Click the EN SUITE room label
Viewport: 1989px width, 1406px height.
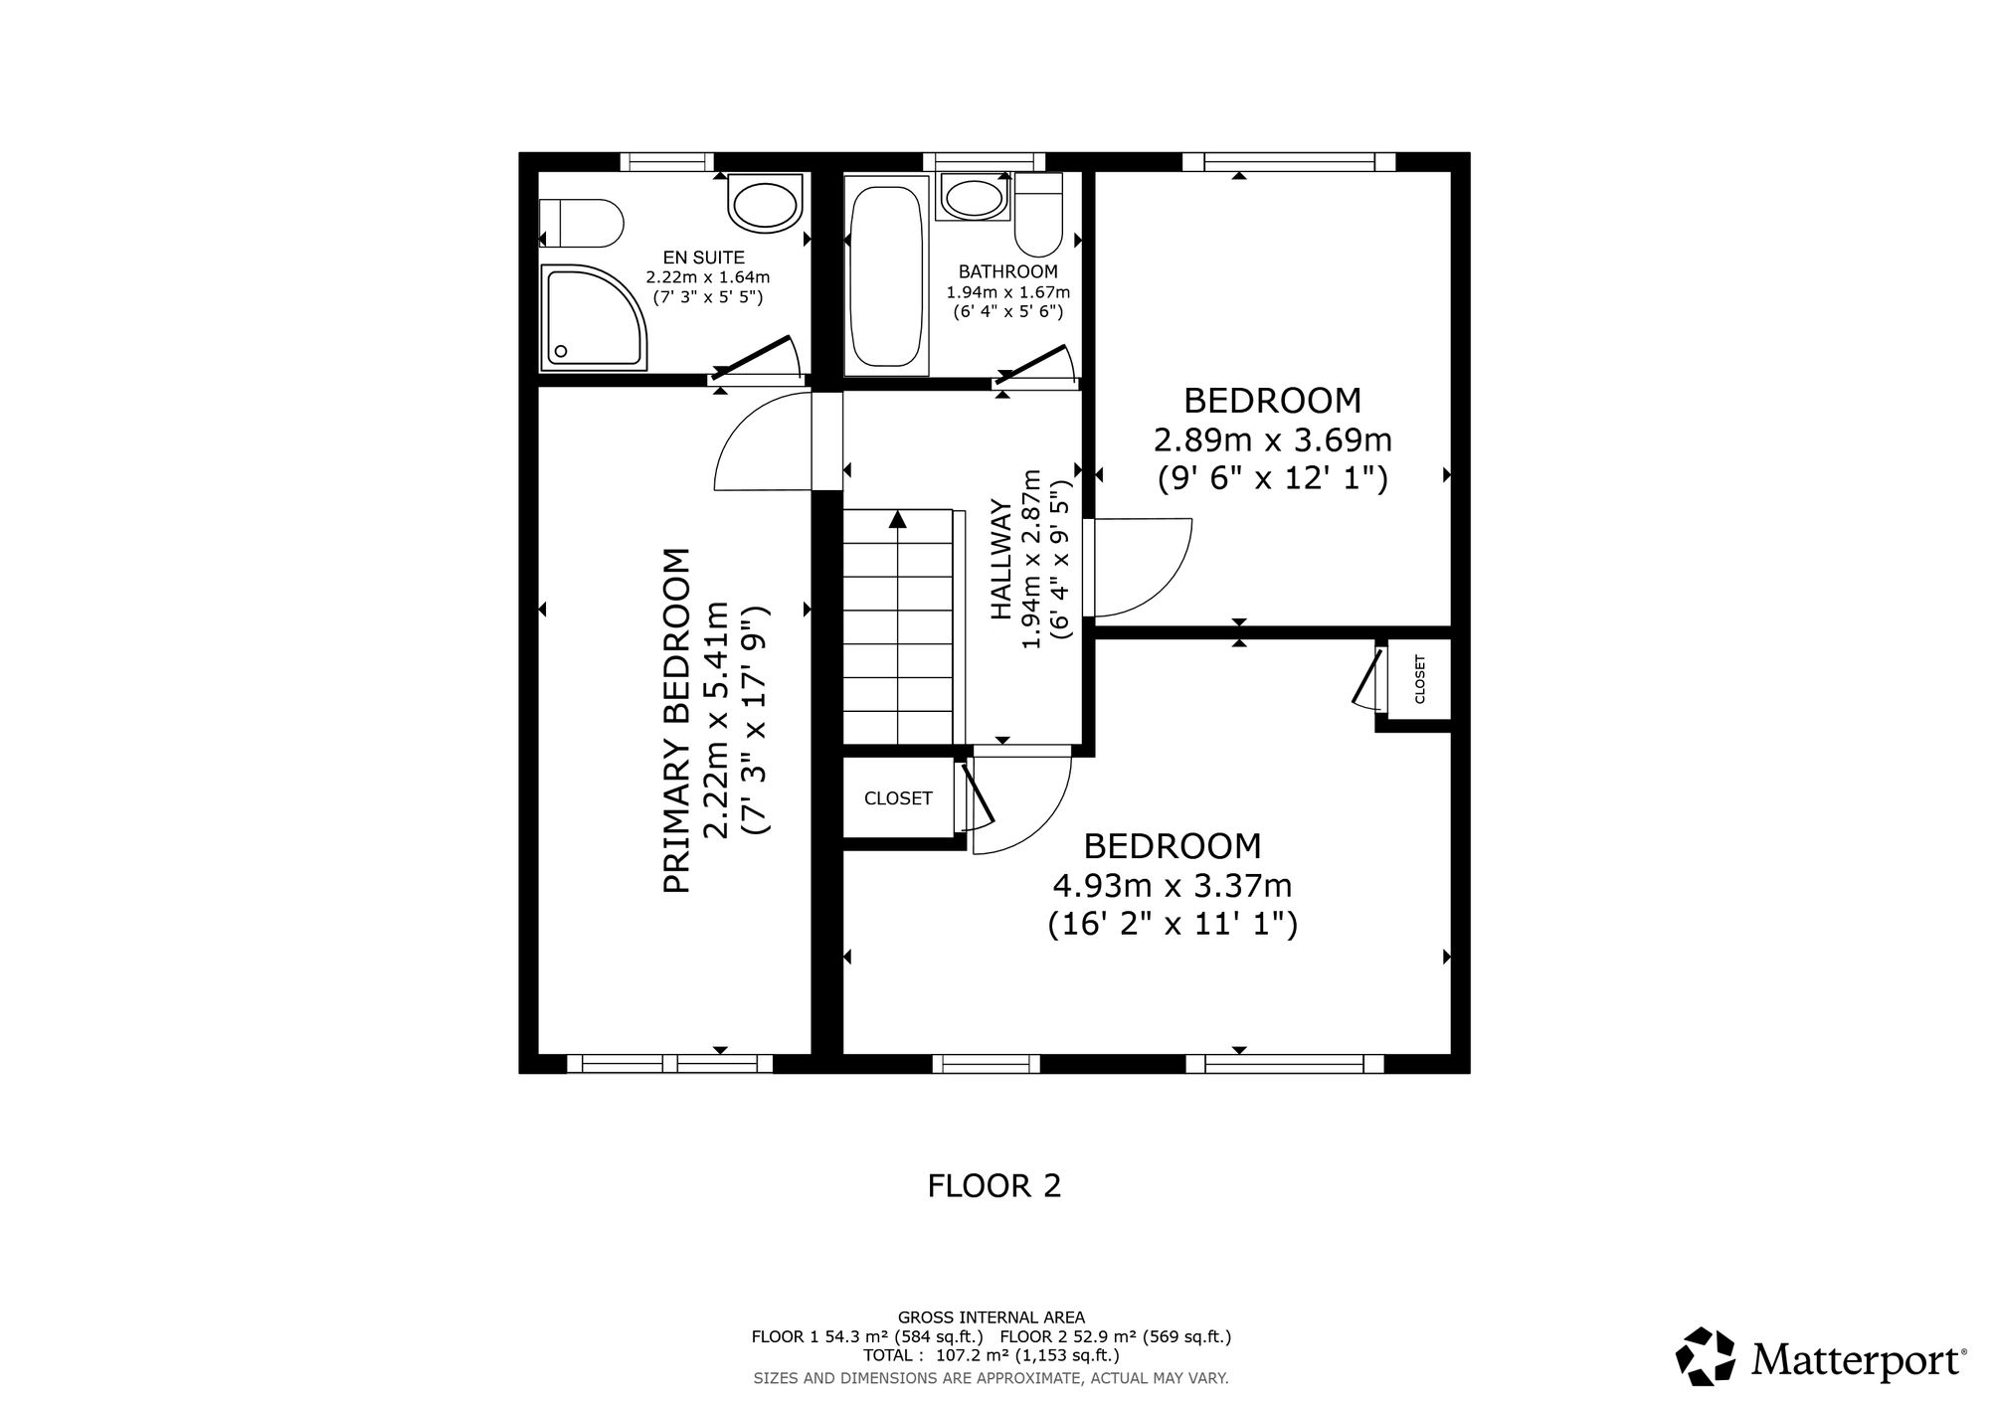[x=703, y=259]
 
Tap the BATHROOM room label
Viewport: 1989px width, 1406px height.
[x=1007, y=271]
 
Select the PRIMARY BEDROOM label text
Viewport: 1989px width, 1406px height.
[x=676, y=720]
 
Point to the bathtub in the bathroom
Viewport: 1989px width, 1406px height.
[x=886, y=275]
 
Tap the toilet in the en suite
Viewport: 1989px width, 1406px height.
[x=581, y=223]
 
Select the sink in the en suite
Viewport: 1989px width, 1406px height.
[x=765, y=204]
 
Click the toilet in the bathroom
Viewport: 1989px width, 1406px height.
[x=1038, y=214]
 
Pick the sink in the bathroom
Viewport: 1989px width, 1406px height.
[x=974, y=197]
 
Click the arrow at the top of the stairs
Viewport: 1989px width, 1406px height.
[x=898, y=519]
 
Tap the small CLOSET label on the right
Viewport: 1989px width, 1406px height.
[x=1419, y=678]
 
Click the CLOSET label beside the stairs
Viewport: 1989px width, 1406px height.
[x=898, y=798]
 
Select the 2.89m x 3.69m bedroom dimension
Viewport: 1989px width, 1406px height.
[x=1272, y=439]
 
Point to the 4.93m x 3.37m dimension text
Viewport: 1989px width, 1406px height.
[x=1173, y=885]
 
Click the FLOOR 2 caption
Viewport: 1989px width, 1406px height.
[x=994, y=1185]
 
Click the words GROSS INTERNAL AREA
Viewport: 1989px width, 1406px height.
[x=992, y=1318]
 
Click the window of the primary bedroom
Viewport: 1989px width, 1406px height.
[x=669, y=1064]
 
